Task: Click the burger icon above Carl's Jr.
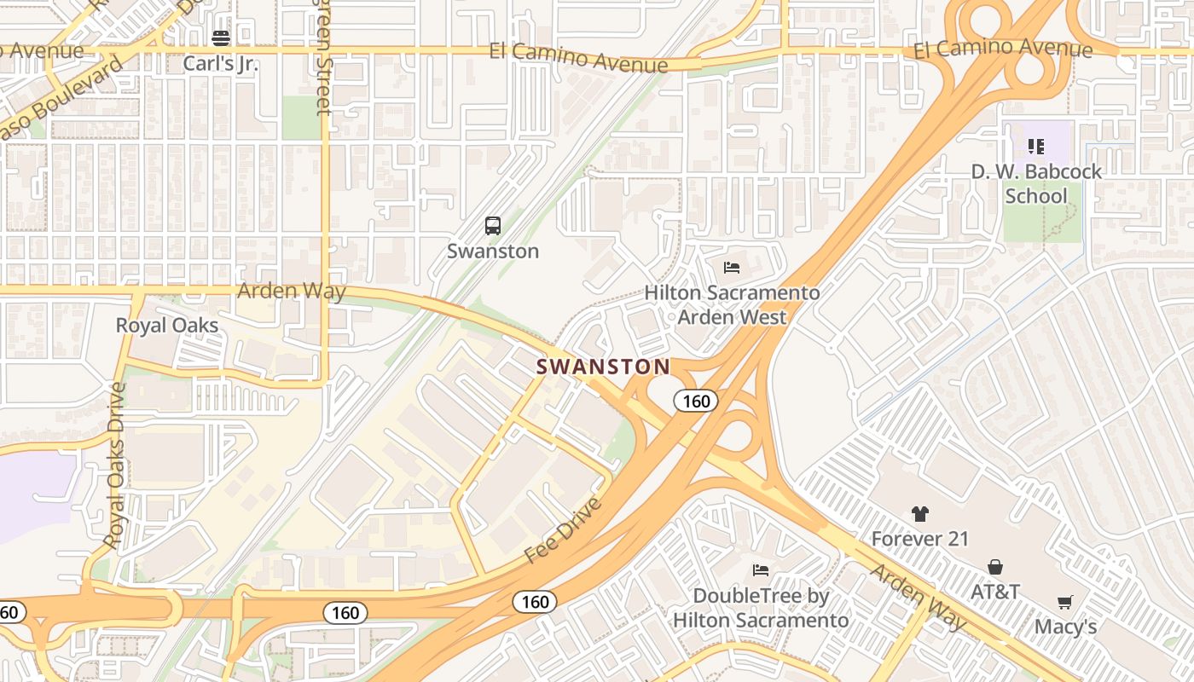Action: click(221, 38)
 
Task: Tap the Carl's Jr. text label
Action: click(221, 64)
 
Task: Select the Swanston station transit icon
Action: click(493, 226)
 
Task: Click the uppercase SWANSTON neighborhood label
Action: click(603, 367)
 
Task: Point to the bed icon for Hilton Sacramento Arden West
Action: click(732, 268)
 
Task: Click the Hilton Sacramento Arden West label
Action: click(732, 305)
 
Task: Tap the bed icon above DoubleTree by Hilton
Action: click(761, 569)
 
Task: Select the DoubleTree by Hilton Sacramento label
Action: click(761, 608)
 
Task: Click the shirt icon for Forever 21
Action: click(919, 514)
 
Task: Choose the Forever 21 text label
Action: click(919, 540)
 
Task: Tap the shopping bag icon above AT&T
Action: click(995, 567)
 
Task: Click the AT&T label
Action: click(995, 592)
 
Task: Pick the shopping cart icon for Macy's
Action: click(1065, 603)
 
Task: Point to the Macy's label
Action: click(1065, 627)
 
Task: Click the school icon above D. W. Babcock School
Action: click(1036, 147)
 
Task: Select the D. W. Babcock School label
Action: click(1036, 183)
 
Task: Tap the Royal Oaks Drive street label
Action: click(116, 465)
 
